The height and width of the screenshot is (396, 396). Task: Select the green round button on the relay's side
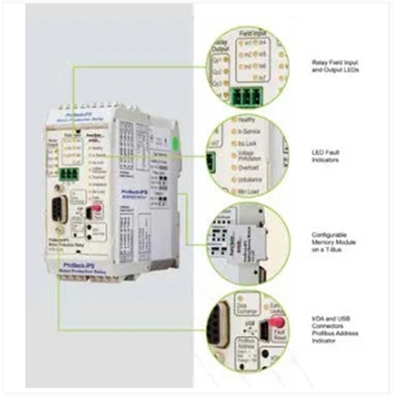[176, 145]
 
